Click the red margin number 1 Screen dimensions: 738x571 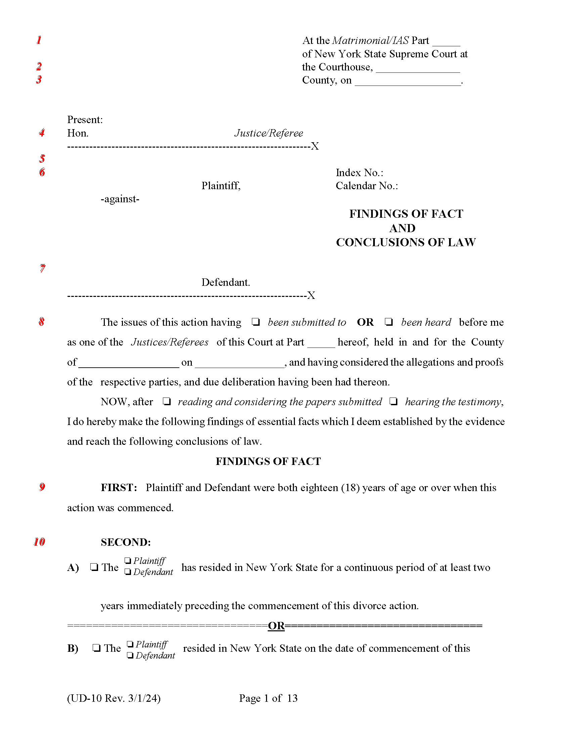39,40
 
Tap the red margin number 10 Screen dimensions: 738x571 39,542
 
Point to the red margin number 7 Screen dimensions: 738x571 42,269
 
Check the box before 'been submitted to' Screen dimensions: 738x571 256,322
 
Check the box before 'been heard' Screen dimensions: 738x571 389,322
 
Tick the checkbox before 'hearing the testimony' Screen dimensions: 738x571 393,402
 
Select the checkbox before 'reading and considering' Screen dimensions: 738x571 166,402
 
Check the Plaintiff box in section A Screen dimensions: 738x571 128,561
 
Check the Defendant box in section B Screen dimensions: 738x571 130,655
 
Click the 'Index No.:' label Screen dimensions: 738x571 359,173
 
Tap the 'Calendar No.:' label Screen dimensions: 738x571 367,186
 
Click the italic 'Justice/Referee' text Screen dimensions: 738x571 269,133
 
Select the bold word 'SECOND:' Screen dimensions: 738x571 126,542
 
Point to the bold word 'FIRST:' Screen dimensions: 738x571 119,488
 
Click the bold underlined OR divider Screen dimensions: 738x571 276,626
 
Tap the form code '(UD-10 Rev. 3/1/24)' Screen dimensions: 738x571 114,698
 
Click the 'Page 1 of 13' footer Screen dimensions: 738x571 268,698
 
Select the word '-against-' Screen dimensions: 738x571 120,199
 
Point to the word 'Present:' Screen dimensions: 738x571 85,120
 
